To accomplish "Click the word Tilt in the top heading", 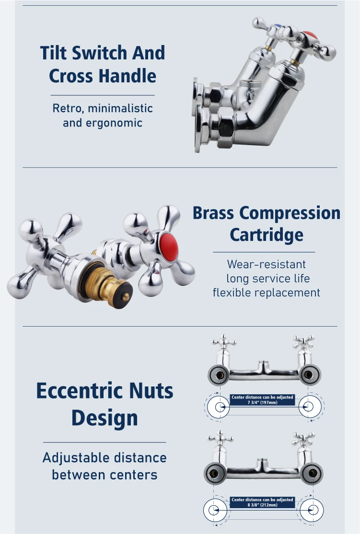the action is point(55,53).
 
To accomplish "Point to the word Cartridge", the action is point(266,235).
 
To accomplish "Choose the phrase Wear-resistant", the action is point(266,264).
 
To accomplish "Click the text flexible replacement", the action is point(266,293).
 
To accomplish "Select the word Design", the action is point(105,418).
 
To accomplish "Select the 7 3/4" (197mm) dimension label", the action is point(262,403).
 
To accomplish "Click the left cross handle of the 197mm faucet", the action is point(224,343).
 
